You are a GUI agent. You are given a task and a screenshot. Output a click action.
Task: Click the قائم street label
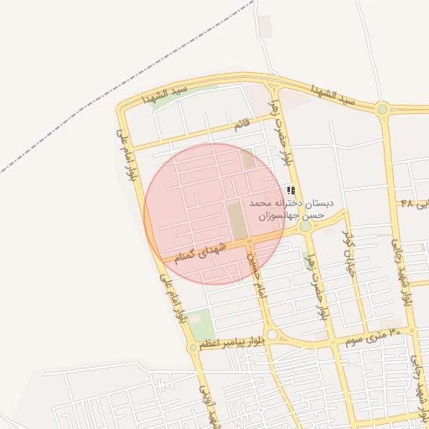241,125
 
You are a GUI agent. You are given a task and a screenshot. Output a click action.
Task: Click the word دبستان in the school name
320,204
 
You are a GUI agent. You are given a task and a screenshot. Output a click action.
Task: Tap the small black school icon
291,191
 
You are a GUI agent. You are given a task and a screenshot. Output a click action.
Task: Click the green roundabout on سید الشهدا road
382,108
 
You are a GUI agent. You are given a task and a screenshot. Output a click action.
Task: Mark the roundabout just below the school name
305,226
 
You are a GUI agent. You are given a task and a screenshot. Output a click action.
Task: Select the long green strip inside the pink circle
238,219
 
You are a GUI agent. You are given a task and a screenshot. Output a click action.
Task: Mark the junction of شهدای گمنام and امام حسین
250,243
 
